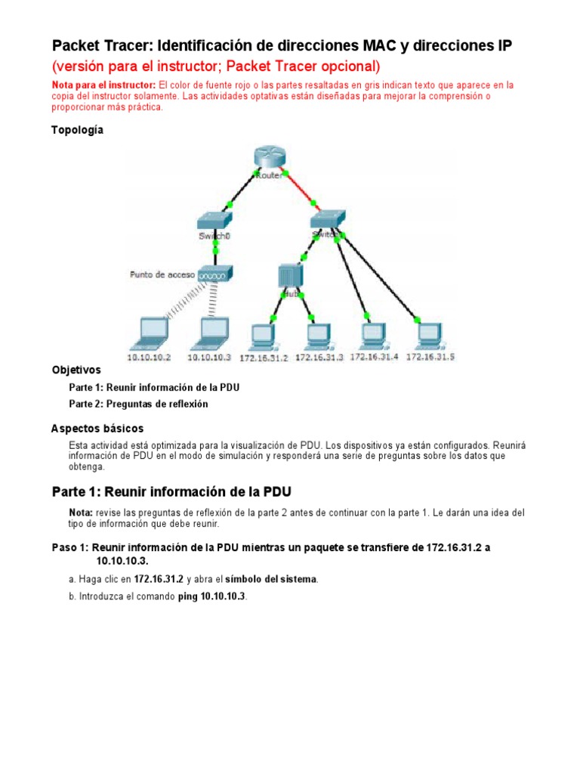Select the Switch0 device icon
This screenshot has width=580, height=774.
pyautogui.click(x=216, y=221)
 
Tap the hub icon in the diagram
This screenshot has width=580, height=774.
pyautogui.click(x=289, y=277)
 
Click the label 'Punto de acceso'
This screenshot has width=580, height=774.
pyautogui.click(x=162, y=274)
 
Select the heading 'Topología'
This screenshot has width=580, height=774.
pyautogui.click(x=77, y=130)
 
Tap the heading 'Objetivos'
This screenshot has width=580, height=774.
pyautogui.click(x=76, y=370)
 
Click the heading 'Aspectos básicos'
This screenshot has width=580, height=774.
pyautogui.click(x=97, y=429)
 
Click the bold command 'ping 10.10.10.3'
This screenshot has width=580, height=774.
pyautogui.click(x=212, y=596)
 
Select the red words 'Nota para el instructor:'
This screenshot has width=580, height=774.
pyautogui.click(x=103, y=85)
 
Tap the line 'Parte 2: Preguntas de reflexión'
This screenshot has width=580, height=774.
pyautogui.click(x=138, y=404)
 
